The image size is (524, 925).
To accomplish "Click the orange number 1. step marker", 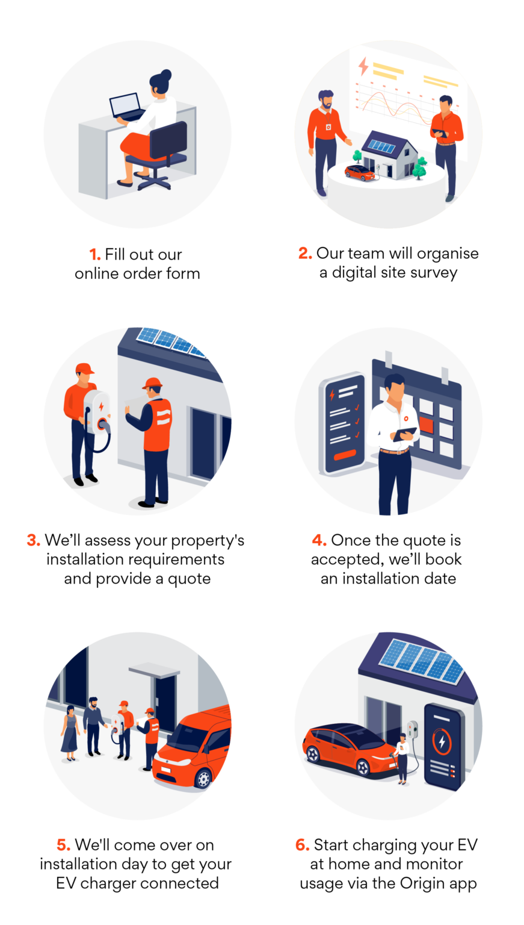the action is pyautogui.click(x=95, y=255).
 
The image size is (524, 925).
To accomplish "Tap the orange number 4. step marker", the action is pyautogui.click(x=319, y=540).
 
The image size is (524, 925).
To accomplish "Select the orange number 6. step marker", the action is pyautogui.click(x=303, y=845).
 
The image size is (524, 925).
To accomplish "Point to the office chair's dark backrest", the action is pyautogui.click(x=168, y=140).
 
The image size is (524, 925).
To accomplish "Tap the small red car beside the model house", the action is pyautogui.click(x=360, y=173).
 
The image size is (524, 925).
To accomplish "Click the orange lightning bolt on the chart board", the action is pyautogui.click(x=363, y=66).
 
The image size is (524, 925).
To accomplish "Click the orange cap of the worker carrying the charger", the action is pyautogui.click(x=85, y=369).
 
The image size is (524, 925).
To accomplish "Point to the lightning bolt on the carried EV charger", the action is pyautogui.click(x=102, y=406).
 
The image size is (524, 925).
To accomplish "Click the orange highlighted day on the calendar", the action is pyautogui.click(x=427, y=425).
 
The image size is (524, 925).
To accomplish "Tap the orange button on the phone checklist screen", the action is pyautogui.click(x=345, y=455).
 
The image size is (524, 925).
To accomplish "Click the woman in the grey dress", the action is pyautogui.click(x=70, y=733).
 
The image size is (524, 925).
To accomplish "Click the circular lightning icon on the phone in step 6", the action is pyautogui.click(x=442, y=742).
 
